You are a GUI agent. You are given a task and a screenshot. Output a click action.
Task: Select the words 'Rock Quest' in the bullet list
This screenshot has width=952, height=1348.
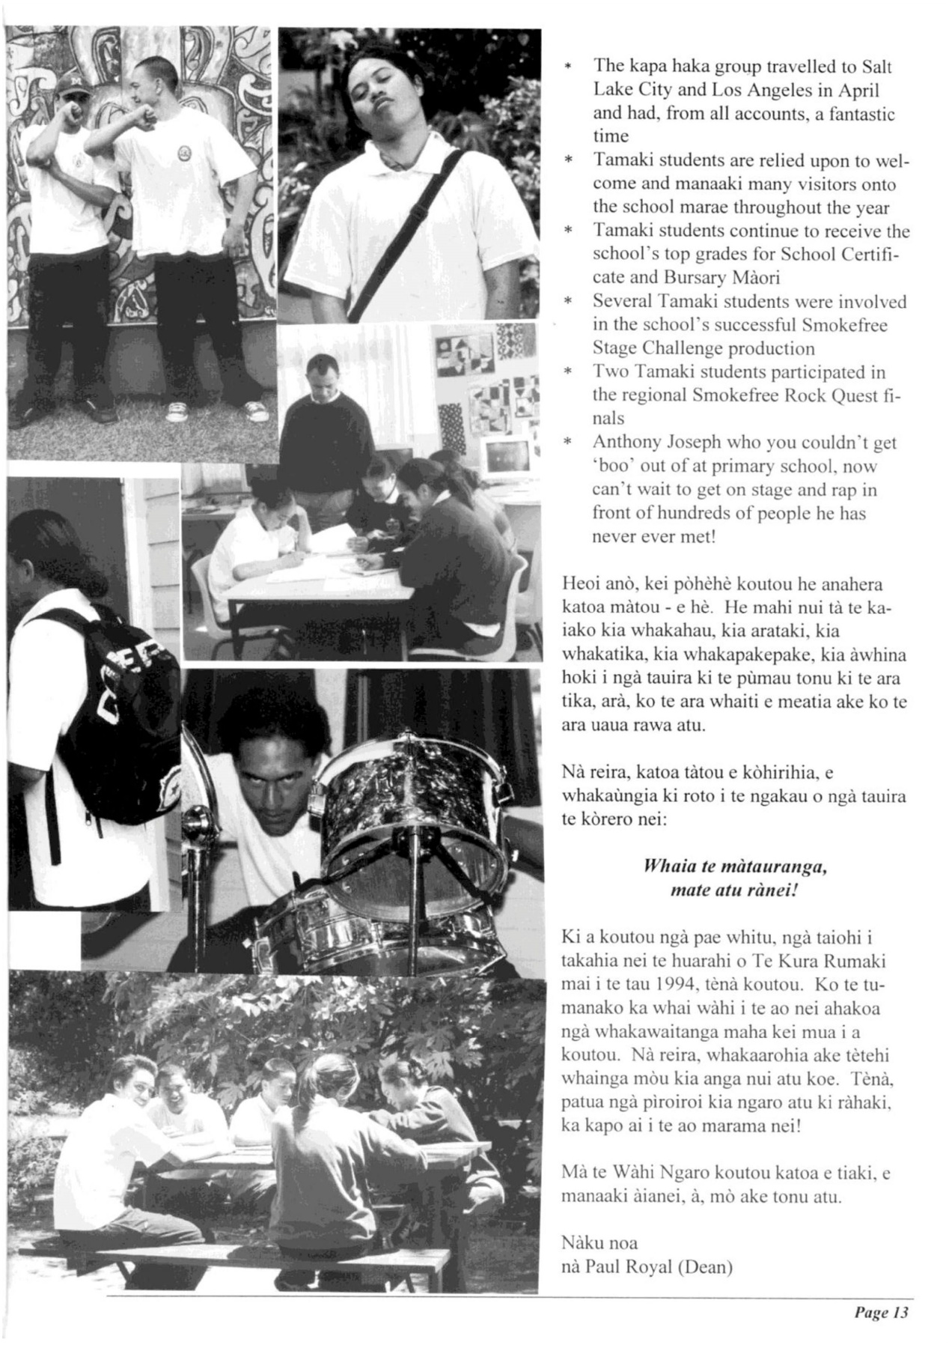840,395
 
